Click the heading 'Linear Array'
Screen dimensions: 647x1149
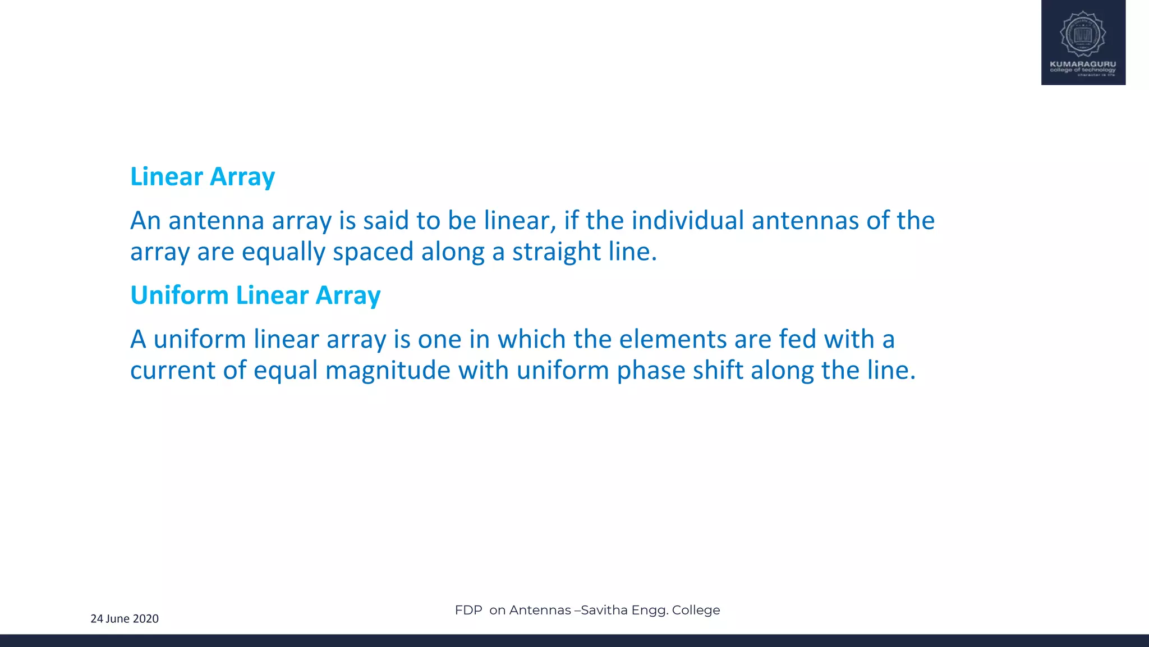click(203, 177)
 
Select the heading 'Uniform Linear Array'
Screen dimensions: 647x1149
click(255, 295)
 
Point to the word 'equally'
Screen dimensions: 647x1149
click(283, 252)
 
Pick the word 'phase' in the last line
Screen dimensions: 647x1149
click(651, 371)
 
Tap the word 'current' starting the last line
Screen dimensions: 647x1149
click(173, 371)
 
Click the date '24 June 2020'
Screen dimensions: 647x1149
click(125, 619)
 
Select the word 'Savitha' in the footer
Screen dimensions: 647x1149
click(604, 610)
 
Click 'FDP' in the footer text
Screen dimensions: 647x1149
click(468, 610)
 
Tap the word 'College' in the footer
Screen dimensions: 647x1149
click(696, 610)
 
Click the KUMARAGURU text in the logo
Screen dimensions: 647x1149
click(1083, 64)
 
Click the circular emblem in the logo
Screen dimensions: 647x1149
click(1083, 34)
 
